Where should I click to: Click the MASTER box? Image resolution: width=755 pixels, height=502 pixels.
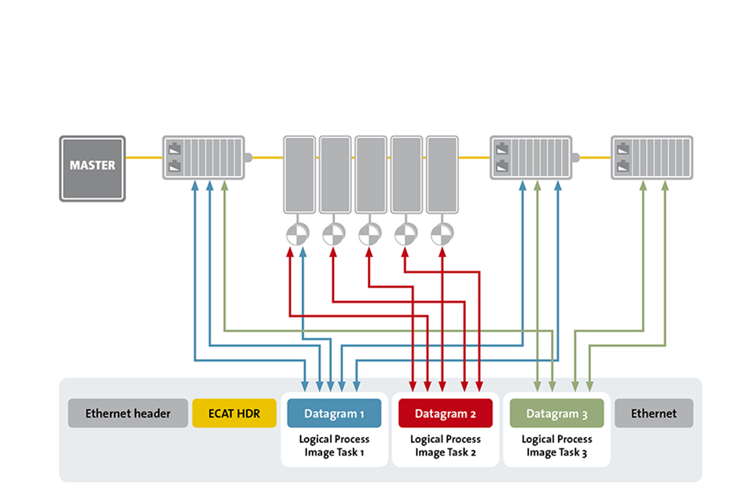coord(92,168)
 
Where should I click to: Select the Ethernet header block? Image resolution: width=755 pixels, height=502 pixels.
coord(128,414)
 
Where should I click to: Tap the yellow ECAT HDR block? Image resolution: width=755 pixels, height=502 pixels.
coord(234,414)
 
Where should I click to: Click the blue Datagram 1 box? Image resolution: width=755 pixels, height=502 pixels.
coord(334,414)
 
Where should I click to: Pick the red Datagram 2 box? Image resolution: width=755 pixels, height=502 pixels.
coord(445,414)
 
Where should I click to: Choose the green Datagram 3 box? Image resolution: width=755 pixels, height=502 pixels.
coord(556,414)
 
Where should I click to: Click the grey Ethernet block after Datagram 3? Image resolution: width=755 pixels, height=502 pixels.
coord(653,414)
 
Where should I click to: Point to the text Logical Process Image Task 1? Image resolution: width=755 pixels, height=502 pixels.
coord(334,445)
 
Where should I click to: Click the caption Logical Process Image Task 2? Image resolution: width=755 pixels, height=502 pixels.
coord(445,445)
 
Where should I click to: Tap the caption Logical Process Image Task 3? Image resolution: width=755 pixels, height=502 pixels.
coord(556,445)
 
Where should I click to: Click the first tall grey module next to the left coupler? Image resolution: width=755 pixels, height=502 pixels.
coord(299,174)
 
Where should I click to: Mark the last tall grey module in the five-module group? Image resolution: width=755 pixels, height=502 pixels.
coord(442,174)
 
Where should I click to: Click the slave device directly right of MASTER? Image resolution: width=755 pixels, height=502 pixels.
coord(203,157)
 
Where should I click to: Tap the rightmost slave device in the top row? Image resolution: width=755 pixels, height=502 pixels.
coord(652,157)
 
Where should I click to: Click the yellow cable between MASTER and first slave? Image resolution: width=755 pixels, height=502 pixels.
coord(143,157)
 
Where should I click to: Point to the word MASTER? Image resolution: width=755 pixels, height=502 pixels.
coord(92,166)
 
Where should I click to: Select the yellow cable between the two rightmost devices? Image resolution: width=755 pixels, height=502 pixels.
coord(594,157)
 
